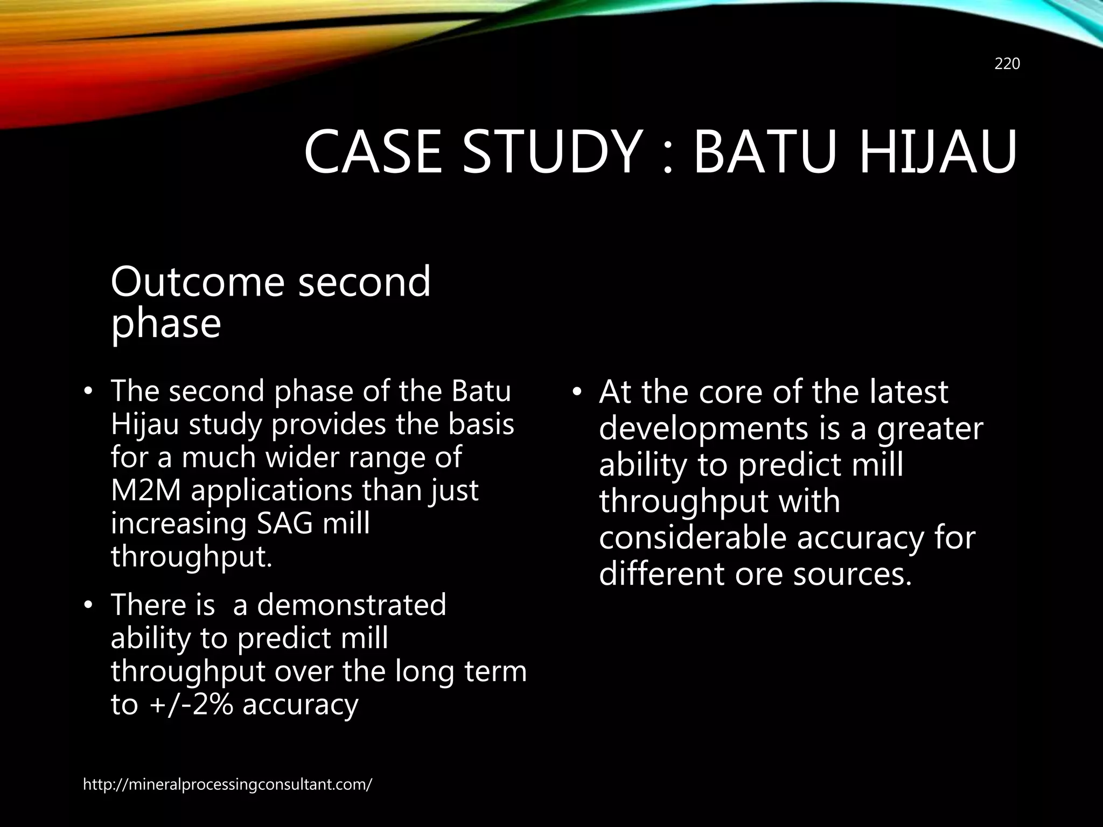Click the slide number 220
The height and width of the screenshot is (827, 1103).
pos(1007,64)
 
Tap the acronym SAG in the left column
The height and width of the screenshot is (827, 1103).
pos(284,523)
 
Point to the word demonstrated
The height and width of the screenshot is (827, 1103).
pos(352,605)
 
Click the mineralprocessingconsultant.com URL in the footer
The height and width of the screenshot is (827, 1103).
pos(227,784)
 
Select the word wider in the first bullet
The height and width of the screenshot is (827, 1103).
pos(304,457)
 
